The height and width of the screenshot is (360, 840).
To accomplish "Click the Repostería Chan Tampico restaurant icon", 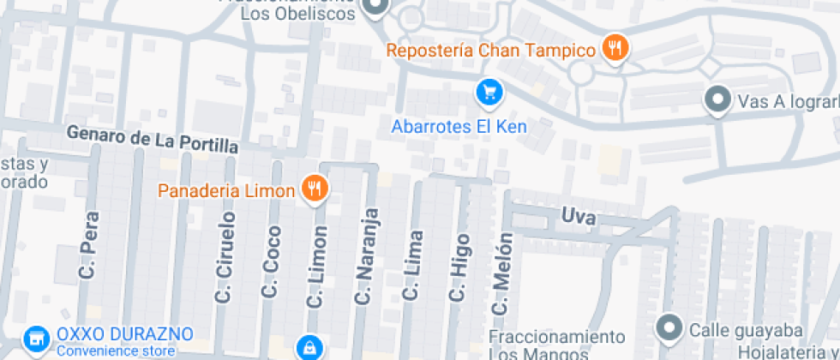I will tap(615, 48).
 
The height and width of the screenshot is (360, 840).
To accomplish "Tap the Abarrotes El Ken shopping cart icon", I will tap(489, 91).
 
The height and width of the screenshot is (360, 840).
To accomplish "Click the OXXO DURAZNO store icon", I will tap(36, 339).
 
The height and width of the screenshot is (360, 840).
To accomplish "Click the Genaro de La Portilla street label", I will tap(152, 141).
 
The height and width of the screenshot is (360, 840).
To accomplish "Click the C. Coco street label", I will tap(272, 261).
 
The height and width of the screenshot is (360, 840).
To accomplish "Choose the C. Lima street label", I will tap(413, 266).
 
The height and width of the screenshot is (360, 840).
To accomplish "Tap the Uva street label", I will tap(579, 216).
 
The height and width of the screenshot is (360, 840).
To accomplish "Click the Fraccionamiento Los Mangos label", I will tap(557, 344).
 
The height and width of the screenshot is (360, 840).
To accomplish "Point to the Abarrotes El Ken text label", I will tap(459, 127).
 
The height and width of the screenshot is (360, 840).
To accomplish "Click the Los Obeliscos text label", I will tap(297, 13).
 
